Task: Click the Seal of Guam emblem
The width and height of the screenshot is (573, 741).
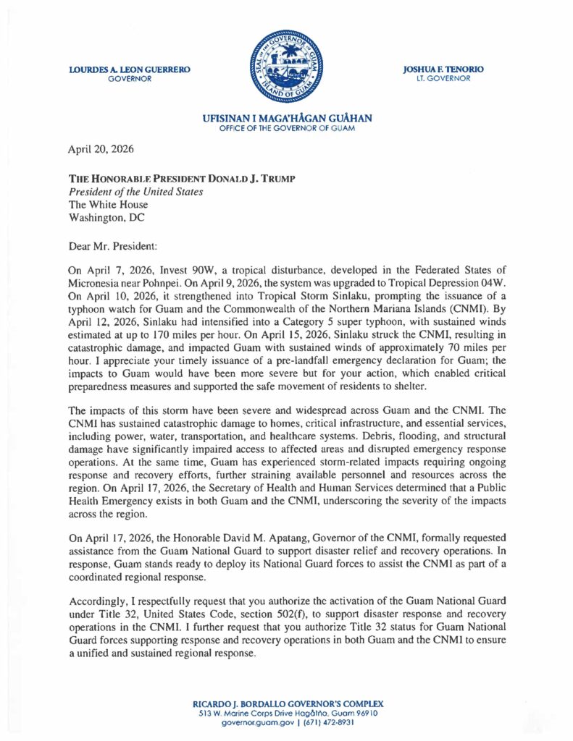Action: point(286,67)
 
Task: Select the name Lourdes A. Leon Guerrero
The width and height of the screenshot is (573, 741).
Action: point(130,69)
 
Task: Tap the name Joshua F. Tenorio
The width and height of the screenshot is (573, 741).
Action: point(443,69)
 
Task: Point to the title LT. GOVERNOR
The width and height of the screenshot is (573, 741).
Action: point(443,78)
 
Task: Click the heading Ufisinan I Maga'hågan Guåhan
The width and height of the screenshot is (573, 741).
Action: point(286,119)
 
